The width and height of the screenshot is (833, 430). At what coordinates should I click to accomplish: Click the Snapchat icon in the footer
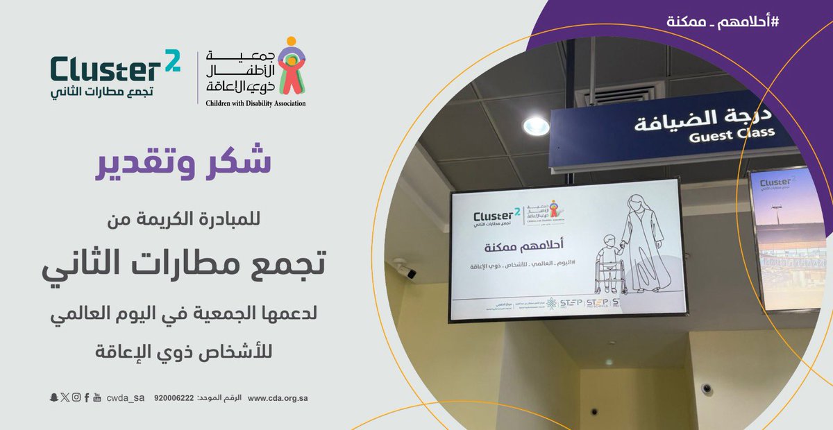point(53,397)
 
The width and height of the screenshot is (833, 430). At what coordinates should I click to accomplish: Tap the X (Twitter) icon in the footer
point(65,397)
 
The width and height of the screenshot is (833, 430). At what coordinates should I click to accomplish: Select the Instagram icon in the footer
point(76,397)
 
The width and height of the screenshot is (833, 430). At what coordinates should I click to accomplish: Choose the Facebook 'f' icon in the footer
point(86,397)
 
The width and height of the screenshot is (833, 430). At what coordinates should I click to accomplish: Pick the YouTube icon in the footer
point(97,397)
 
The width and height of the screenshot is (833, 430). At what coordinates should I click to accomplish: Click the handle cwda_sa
point(126,398)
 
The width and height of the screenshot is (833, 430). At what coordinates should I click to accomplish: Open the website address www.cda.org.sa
point(277,398)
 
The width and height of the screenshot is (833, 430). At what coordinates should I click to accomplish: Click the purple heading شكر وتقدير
point(181,162)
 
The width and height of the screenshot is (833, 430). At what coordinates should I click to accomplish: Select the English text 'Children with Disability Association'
point(255,103)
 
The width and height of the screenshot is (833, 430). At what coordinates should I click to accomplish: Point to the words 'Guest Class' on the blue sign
point(730,137)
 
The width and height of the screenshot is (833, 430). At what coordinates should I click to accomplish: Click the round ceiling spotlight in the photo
point(535,126)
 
